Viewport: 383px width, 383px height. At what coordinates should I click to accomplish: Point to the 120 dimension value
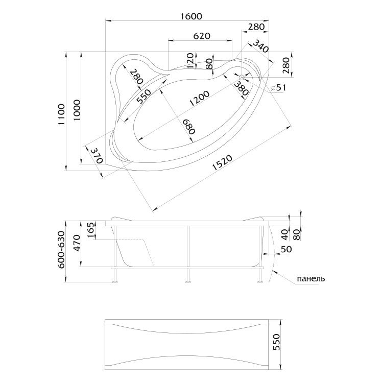(x=190, y=60)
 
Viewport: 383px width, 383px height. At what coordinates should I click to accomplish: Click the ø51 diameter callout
(x=280, y=88)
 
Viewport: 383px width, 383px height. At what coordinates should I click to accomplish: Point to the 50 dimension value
(x=286, y=249)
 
